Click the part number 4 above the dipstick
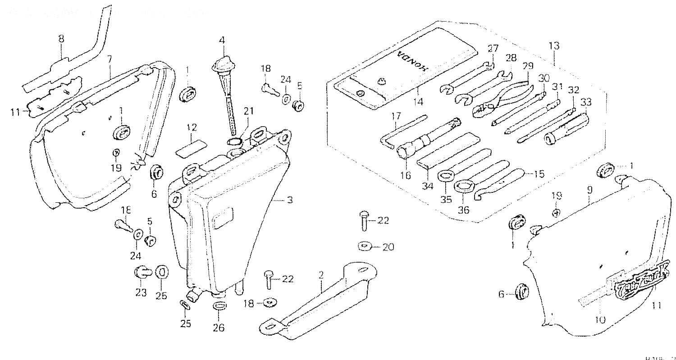point(222,40)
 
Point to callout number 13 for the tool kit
point(554,46)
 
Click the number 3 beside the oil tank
point(290,200)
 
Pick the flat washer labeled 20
point(364,246)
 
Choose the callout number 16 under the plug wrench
point(405,175)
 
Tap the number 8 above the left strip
point(61,39)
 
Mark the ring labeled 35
point(446,175)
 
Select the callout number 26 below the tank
point(219,328)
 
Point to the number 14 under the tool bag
point(418,102)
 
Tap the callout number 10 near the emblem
point(600,319)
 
